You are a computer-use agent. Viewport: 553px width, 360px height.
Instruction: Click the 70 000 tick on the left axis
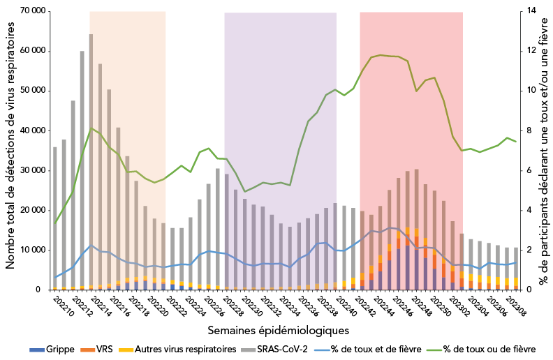tap(31, 11)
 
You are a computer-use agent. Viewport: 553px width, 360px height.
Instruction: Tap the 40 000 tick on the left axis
tap(31, 130)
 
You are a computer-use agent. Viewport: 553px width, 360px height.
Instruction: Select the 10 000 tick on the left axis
tap(31, 250)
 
